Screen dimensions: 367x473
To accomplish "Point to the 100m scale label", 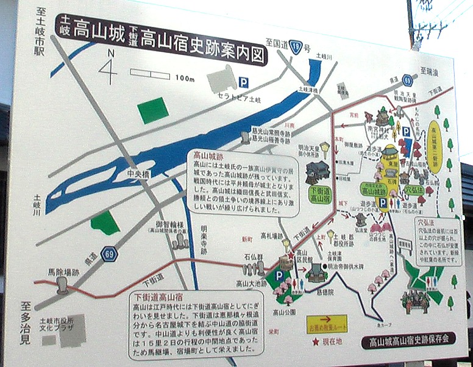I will tap(183, 79).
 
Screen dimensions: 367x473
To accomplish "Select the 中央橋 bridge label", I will tap(138, 174).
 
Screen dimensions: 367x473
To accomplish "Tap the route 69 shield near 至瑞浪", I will tap(407, 79).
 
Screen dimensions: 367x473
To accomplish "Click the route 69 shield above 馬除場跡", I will tap(108, 254).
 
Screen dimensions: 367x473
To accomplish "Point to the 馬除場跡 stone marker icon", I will tap(62, 287).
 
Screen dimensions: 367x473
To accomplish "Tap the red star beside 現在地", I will tap(316, 343).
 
